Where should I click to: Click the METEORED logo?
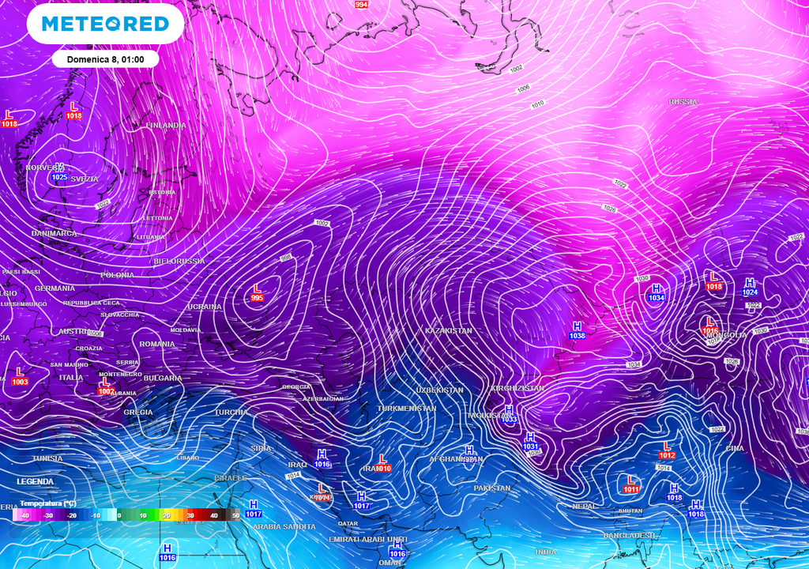pyautogui.click(x=105, y=24)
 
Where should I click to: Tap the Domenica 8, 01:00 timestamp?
pyautogui.click(x=105, y=58)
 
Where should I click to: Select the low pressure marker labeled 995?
pyautogui.click(x=257, y=292)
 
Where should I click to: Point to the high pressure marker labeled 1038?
pyautogui.click(x=578, y=331)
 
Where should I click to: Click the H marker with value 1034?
pyautogui.click(x=656, y=293)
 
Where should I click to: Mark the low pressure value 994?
pyautogui.click(x=362, y=4)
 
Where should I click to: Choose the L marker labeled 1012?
pyautogui.click(x=667, y=450)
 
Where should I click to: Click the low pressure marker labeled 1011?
pyautogui.click(x=630, y=484)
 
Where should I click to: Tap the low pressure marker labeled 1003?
pyautogui.click(x=20, y=377)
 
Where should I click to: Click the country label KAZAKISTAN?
pyautogui.click(x=448, y=330)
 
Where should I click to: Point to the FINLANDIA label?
pyautogui.click(x=166, y=126)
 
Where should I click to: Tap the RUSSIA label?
pyautogui.click(x=683, y=102)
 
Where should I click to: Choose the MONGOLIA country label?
pyautogui.click(x=725, y=335)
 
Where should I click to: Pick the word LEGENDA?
pyautogui.click(x=36, y=481)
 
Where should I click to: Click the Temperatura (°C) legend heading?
pyautogui.click(x=47, y=503)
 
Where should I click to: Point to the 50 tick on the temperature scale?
pyautogui.click(x=235, y=515)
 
